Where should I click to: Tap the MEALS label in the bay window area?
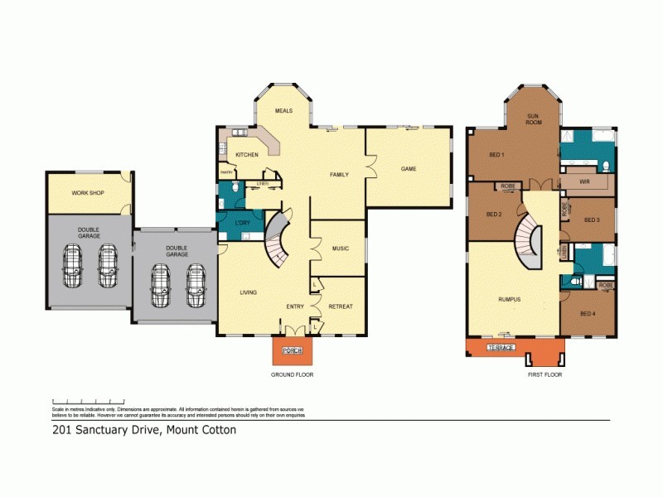(x=284, y=110)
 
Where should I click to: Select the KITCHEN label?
(x=247, y=155)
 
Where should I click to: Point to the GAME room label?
(x=409, y=169)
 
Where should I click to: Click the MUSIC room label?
(x=340, y=248)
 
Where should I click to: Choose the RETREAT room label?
(x=340, y=306)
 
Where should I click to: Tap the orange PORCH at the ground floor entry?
(x=292, y=351)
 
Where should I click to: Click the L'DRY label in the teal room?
(x=243, y=224)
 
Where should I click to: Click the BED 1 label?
(x=496, y=155)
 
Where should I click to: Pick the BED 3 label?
(x=591, y=220)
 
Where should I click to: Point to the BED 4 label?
(x=587, y=314)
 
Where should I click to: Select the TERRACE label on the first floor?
(x=501, y=347)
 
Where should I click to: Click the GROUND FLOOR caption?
(x=292, y=374)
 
